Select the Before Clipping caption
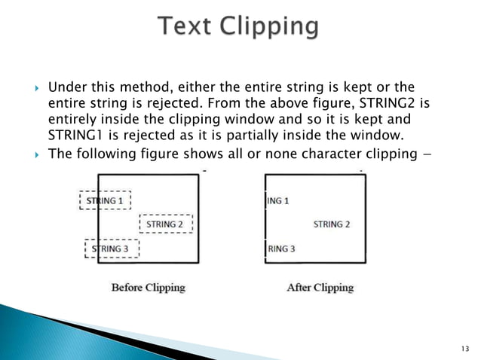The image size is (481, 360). [x=148, y=287]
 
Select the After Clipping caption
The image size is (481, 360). [x=320, y=287]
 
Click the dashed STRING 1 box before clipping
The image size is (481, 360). [x=106, y=201]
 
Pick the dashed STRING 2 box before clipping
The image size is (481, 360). [x=165, y=224]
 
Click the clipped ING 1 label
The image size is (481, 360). [x=278, y=201]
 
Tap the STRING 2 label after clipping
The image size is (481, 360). [x=332, y=224]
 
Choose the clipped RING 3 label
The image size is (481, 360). [x=281, y=249]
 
